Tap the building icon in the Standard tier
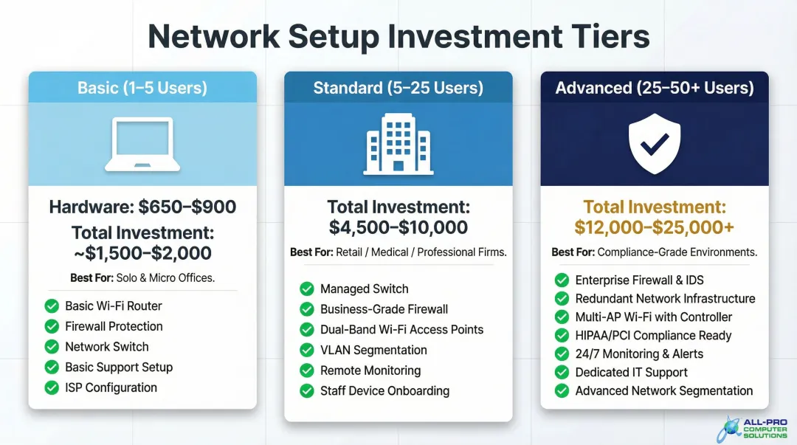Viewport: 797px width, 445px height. tap(398, 143)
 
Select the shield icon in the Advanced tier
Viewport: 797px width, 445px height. tap(654, 143)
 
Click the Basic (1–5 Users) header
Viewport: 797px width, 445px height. tap(142, 88)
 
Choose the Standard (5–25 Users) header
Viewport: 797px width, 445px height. tap(398, 88)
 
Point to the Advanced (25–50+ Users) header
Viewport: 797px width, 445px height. tap(654, 88)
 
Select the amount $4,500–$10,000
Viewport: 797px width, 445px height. tap(398, 227)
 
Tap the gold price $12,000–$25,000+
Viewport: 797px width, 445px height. tap(655, 227)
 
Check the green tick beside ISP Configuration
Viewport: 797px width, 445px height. tap(52, 387)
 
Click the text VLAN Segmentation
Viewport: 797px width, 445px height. tap(373, 350)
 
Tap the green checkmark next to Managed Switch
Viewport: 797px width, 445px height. tap(307, 289)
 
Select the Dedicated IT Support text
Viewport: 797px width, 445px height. tap(631, 372)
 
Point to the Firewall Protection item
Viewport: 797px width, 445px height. tap(114, 326)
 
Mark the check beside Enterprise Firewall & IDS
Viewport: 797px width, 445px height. tap(562, 280)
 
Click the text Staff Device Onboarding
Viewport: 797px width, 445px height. tap(384, 391)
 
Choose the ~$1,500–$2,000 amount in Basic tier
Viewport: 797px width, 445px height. tap(142, 253)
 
